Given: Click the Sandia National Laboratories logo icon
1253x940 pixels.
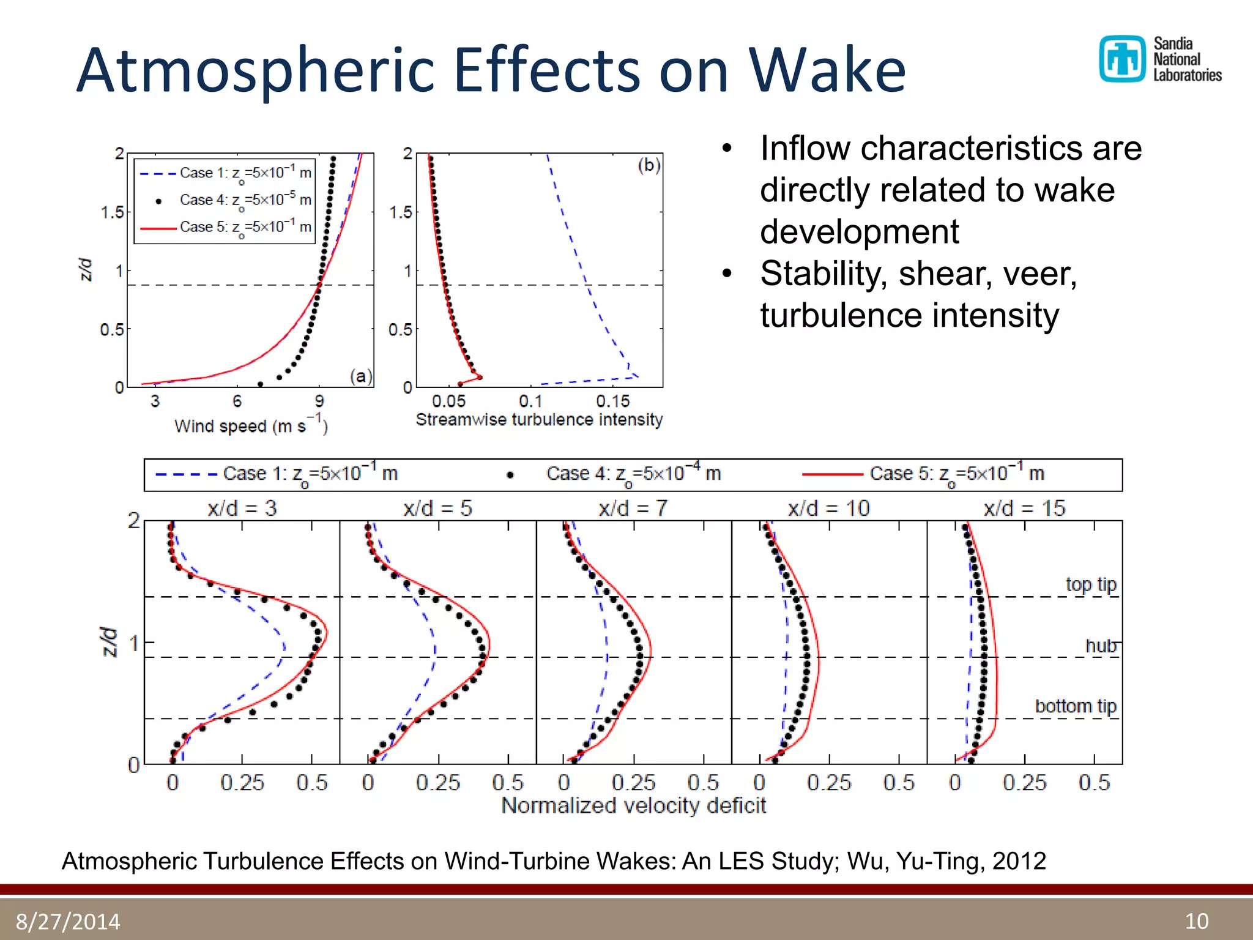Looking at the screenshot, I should [1121, 59].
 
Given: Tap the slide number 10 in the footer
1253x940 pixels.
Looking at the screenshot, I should [1196, 921].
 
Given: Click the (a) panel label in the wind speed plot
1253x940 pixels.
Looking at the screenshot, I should [361, 376].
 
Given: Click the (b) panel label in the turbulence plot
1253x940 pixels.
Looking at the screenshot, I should [649, 165].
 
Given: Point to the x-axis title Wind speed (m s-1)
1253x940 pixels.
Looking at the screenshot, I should [251, 425].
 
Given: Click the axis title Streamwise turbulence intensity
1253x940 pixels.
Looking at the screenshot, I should [539, 420].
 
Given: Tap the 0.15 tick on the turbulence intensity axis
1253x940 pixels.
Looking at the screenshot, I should [612, 401].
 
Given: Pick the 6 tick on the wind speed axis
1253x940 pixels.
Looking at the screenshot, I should [237, 401].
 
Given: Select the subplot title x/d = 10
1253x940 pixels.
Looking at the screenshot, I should [828, 509].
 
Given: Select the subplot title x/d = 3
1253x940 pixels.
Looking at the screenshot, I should [242, 509].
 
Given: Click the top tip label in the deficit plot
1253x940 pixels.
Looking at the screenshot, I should [1091, 584].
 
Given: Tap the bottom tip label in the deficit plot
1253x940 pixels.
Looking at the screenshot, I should [1076, 706].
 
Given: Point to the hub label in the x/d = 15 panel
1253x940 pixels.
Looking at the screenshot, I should [1101, 646].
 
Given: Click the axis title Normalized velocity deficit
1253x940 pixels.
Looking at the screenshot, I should [633, 805].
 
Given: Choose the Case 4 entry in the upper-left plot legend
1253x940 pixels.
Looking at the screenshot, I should [245, 200].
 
